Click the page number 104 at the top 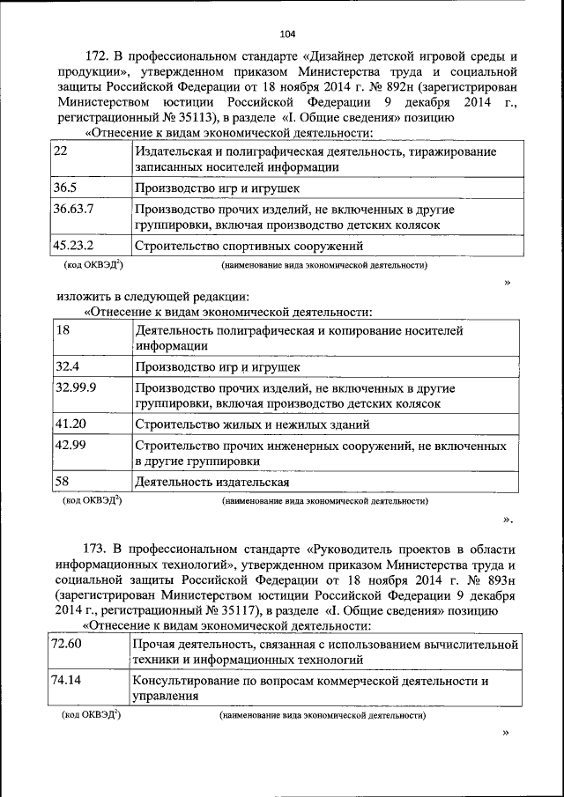[x=287, y=34]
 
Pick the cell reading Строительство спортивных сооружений [x=249, y=247]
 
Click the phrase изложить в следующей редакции [x=154, y=296]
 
